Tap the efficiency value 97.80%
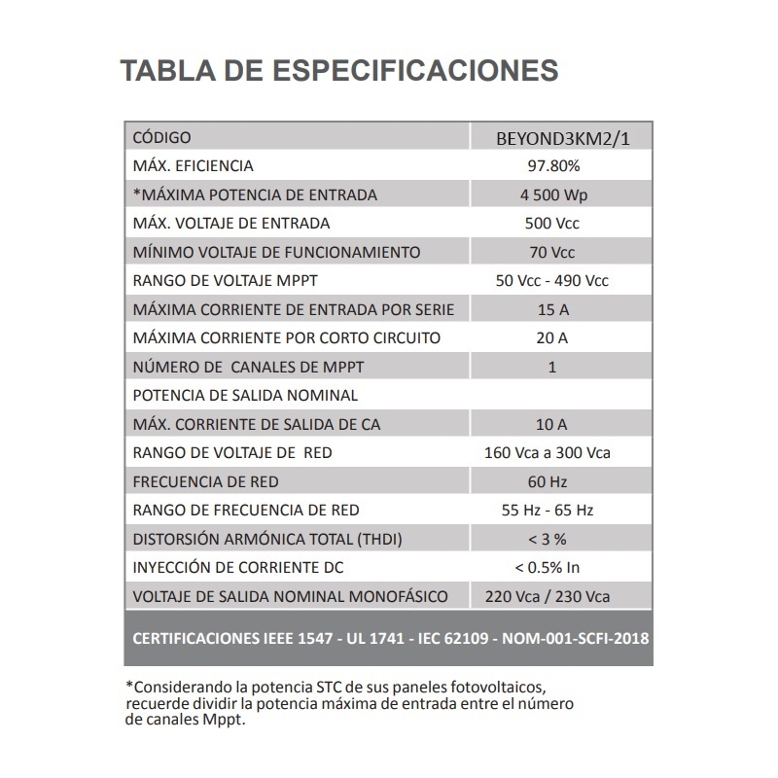pyautogui.click(x=551, y=166)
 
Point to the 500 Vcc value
pyautogui.click(x=551, y=224)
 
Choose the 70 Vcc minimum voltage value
pyautogui.click(x=551, y=252)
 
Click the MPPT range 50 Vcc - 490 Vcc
pyautogui.click(x=551, y=281)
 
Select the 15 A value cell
pyautogui.click(x=551, y=309)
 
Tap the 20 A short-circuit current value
pyautogui.click(x=551, y=338)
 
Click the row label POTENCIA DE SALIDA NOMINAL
pyautogui.click(x=245, y=396)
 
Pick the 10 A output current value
pyautogui.click(x=551, y=424)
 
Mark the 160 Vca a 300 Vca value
pyautogui.click(x=551, y=453)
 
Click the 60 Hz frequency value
pyautogui.click(x=551, y=481)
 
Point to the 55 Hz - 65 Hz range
pyautogui.click(x=551, y=511)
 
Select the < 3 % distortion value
pyautogui.click(x=551, y=539)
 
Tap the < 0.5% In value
pyautogui.click(x=551, y=568)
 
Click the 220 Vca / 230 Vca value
pyautogui.click(x=551, y=596)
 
